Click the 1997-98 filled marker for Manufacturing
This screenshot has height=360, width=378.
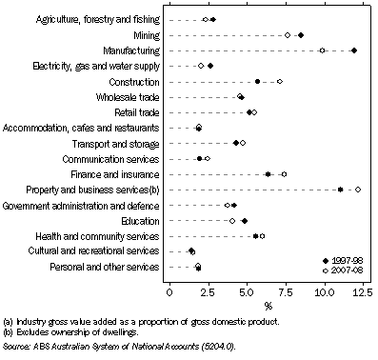354,50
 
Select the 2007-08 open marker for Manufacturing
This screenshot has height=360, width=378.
323,50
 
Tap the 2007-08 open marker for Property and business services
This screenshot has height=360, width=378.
358,190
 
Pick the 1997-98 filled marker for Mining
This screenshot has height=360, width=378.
301,35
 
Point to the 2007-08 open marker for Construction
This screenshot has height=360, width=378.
279,82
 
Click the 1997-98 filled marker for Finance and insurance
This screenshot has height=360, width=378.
269,174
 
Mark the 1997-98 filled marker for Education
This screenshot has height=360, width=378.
245,221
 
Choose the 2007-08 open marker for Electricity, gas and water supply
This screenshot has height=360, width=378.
201,66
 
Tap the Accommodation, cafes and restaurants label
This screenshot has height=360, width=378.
83,128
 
